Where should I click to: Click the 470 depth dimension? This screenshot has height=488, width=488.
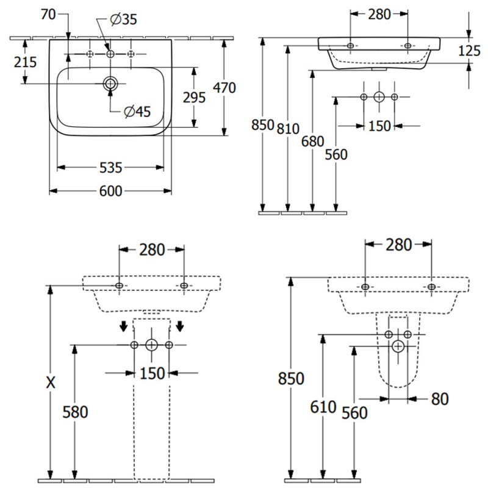point(223,88)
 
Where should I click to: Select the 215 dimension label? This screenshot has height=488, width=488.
point(24,62)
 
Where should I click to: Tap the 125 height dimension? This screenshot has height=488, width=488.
point(468,51)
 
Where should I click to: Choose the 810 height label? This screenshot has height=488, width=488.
point(287,128)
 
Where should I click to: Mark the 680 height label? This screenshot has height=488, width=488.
point(312,142)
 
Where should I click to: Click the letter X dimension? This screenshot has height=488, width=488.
point(51,382)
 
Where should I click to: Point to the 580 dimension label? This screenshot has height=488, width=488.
point(76,412)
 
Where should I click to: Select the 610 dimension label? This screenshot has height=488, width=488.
point(323,407)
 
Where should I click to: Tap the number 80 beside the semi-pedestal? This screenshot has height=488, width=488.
point(439,398)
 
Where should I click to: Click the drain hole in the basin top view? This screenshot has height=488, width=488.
point(110,84)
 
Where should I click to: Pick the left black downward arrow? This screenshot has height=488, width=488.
point(124,327)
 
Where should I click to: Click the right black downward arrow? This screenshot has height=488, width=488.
point(180,327)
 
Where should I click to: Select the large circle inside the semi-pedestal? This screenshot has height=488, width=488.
point(398,346)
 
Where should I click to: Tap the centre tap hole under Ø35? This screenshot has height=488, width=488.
point(110,54)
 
